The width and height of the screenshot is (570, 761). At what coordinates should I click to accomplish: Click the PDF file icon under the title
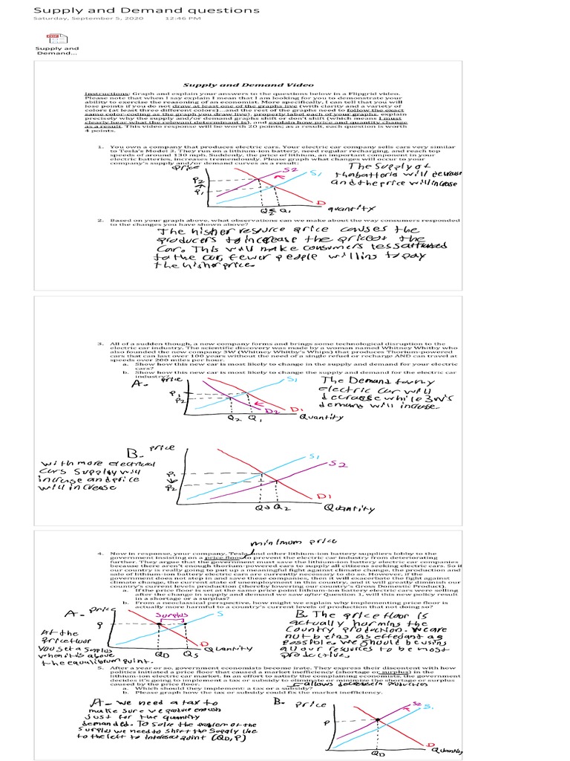(53, 38)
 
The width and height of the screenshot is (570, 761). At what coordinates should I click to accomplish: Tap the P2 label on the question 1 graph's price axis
(197, 180)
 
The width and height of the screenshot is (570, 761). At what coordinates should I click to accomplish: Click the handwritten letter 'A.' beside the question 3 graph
(137, 385)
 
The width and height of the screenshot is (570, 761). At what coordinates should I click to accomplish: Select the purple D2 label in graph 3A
(272, 410)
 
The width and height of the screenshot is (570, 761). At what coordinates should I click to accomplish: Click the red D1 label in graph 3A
(296, 409)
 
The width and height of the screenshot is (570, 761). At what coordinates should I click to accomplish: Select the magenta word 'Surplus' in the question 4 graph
(174, 616)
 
